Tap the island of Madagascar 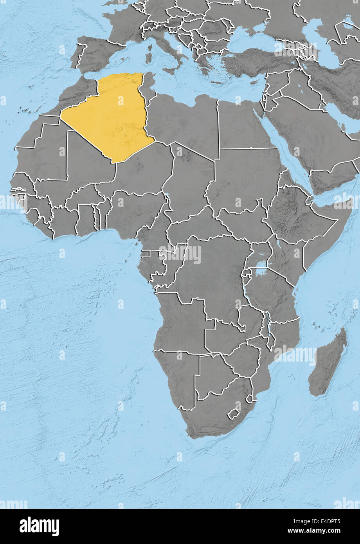tap(328, 362)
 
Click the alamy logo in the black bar tap(39, 526)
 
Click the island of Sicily tap(171, 71)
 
